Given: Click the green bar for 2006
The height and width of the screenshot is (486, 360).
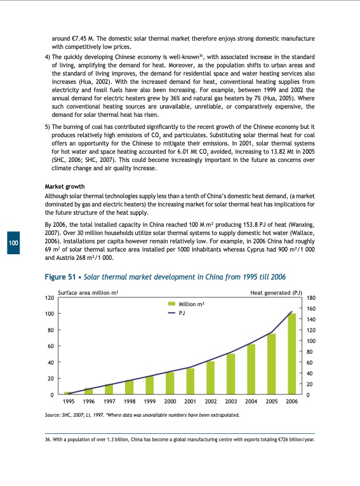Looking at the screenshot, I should coord(292,354).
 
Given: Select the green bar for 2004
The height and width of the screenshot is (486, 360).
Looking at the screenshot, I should coord(251,369).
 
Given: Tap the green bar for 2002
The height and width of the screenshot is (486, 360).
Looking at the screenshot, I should coord(211,377).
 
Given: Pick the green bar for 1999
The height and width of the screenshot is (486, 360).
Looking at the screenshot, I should coord(150,385).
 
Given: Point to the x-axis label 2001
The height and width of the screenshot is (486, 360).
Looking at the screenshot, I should coord(190,402).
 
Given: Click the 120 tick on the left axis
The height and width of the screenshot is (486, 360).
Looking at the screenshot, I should coord(48,298).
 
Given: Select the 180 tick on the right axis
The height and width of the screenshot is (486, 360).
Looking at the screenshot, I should coord(310,298).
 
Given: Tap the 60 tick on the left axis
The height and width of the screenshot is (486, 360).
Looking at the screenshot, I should coord(50,346).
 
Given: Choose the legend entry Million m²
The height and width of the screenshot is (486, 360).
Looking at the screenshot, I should coord(191,305).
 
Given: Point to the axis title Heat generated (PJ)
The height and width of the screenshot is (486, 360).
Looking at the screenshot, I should coord(276,292).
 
